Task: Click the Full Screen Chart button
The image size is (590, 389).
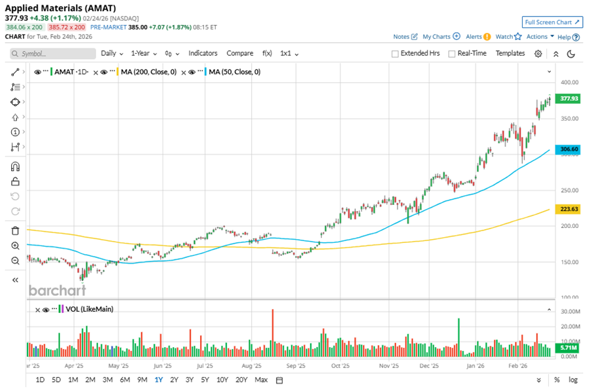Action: pos(552,22)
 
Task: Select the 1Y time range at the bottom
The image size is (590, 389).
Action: pos(158,380)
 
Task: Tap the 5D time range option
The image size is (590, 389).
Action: pos(56,380)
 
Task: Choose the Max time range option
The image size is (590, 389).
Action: pos(261,380)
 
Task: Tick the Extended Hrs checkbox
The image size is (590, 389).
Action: pos(395,54)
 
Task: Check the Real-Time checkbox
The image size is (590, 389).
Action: pos(452,54)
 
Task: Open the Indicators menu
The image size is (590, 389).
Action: pos(203,53)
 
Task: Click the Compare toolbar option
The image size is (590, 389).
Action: pos(240,53)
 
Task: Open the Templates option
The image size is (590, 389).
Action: pos(510,53)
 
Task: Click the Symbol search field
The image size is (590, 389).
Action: pos(49,54)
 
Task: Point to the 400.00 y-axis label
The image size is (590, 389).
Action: pos(570,83)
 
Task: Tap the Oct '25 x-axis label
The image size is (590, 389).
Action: pos(339,367)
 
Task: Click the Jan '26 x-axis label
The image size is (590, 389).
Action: pos(476,367)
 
